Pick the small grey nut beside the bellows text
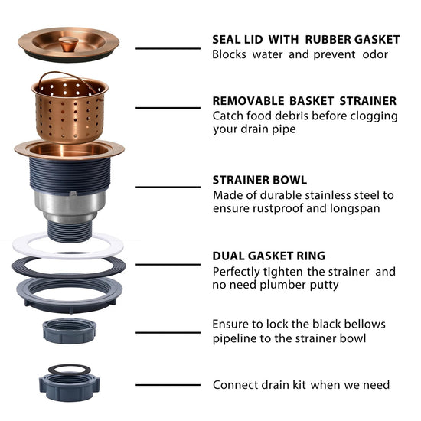[x=69, y=331]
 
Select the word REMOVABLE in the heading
[x=248, y=101]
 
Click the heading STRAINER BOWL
[x=259, y=180]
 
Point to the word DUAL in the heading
[x=228, y=256]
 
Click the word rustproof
[x=278, y=209]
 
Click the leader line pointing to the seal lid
[x=168, y=48]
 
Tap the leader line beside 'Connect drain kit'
[x=168, y=385]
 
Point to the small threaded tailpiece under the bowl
[x=70, y=230]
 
